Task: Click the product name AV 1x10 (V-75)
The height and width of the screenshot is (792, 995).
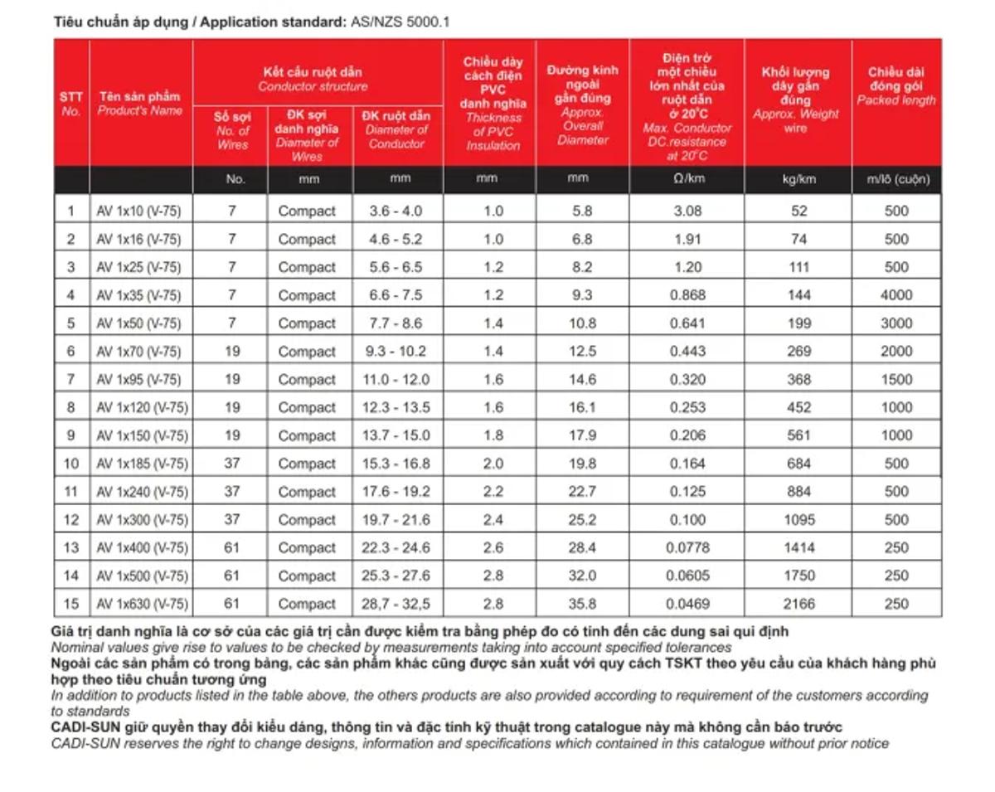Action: pos(138,211)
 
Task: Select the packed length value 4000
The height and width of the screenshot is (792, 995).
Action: pos(896,295)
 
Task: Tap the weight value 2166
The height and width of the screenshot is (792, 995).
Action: pos(798,604)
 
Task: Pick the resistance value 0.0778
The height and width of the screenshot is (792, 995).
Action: pos(687,547)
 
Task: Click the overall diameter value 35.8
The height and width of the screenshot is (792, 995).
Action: pos(583,604)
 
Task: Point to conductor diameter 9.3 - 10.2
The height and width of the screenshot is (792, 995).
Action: pos(396,352)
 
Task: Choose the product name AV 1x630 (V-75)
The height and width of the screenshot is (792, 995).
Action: pos(142,604)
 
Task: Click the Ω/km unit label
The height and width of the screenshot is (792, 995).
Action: pos(687,179)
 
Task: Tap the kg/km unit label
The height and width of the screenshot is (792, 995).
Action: pos(798,179)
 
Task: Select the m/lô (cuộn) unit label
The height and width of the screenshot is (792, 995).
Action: pos(896,179)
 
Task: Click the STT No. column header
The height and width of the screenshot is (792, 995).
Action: pos(71,103)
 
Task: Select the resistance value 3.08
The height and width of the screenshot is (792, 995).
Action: pos(687,211)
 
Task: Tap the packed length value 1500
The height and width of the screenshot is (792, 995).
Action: pos(896,379)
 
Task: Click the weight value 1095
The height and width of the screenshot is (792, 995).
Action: pos(798,520)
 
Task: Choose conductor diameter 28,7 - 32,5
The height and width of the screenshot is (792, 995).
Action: pos(396,604)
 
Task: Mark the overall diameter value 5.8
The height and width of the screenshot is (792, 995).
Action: pos(583,211)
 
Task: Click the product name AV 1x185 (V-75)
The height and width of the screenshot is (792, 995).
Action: pos(142,464)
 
